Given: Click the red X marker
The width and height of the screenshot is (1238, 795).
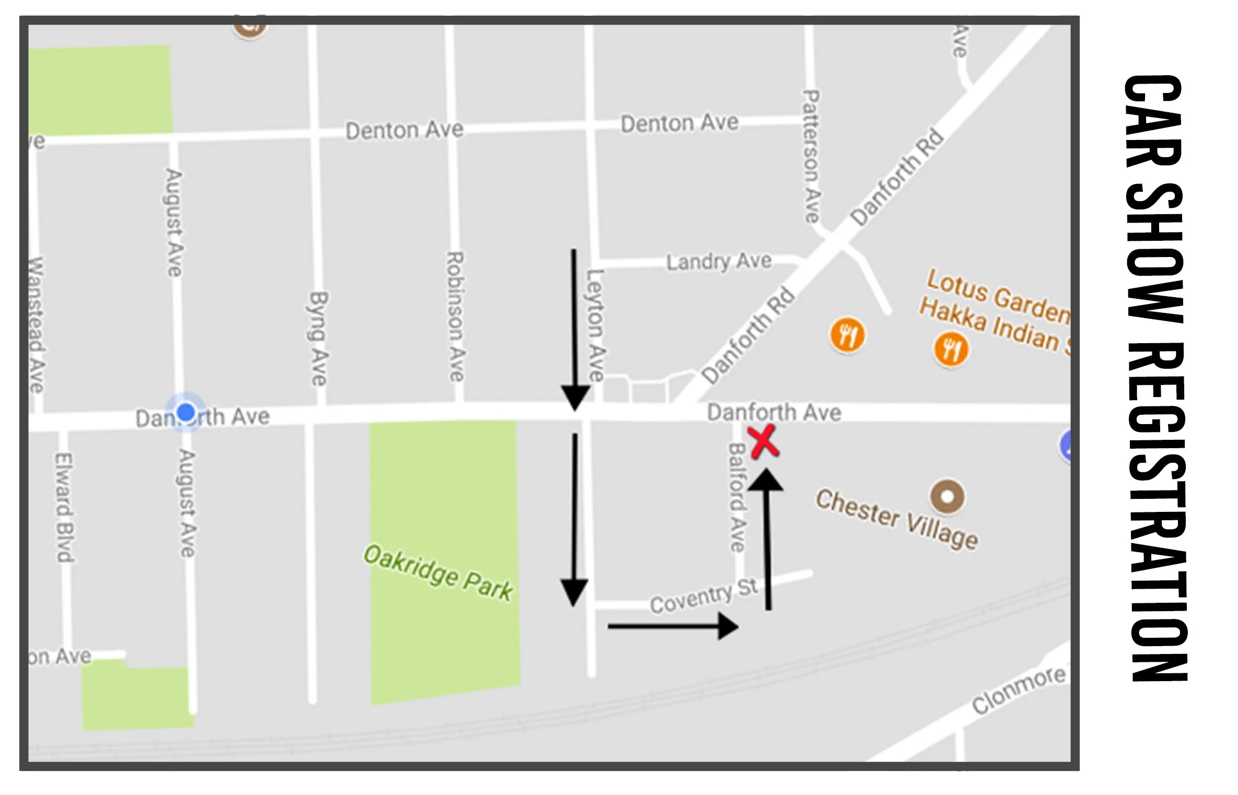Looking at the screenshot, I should pyautogui.click(x=763, y=442).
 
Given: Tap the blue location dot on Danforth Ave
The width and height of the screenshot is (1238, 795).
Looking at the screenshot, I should pyautogui.click(x=186, y=412).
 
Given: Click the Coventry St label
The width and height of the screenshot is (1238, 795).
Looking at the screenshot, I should pyautogui.click(x=703, y=596).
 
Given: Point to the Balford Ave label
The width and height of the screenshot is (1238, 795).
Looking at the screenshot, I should pyautogui.click(x=737, y=497).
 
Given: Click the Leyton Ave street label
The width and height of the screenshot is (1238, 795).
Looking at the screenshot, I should pyautogui.click(x=595, y=325).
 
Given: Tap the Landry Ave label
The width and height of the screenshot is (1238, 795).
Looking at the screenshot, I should pyautogui.click(x=719, y=261).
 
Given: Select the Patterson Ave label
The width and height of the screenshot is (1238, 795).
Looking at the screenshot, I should pyautogui.click(x=811, y=156).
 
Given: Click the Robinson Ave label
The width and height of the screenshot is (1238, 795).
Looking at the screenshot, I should pyautogui.click(x=455, y=317).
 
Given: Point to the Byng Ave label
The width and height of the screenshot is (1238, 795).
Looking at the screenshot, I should pyautogui.click(x=318, y=338).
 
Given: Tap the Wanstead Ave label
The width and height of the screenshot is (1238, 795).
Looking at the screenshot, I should pyautogui.click(x=36, y=324).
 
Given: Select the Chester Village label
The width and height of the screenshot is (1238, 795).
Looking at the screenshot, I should pyautogui.click(x=896, y=519).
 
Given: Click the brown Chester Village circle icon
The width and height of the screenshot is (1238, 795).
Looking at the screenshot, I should pyautogui.click(x=947, y=496).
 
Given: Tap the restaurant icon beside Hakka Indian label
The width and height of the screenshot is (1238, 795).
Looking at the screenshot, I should pyautogui.click(x=951, y=349).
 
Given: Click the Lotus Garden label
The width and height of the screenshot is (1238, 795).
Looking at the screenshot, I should pyautogui.click(x=997, y=296).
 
